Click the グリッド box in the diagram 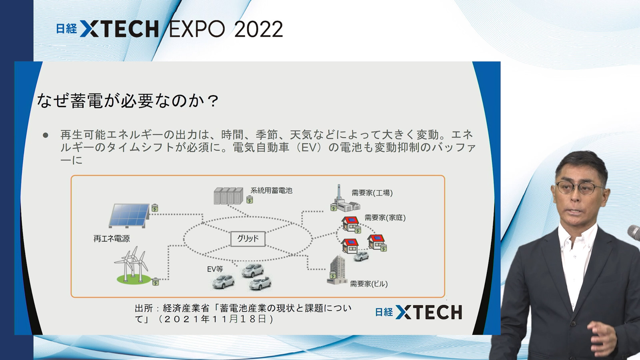(248, 238)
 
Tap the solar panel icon (129, 216)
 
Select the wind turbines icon (132, 265)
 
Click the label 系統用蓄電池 (271, 190)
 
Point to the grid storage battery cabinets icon (228, 196)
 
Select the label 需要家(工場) (372, 193)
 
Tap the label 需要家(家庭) (385, 218)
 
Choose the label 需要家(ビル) (369, 284)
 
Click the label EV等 (215, 269)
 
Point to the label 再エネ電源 (112, 238)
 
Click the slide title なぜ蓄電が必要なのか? (128, 100)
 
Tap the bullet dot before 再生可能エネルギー (46, 135)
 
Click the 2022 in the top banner (258, 29)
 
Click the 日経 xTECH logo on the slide (418, 312)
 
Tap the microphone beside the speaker (634, 232)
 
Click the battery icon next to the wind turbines (155, 282)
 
